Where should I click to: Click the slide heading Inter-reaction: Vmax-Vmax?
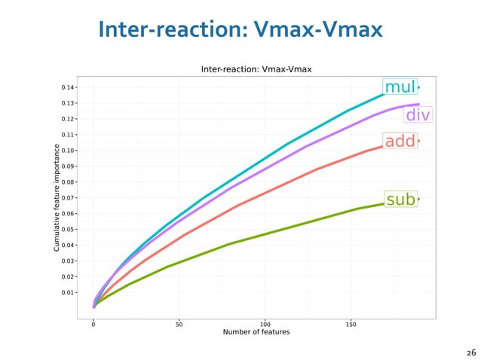click(x=240, y=30)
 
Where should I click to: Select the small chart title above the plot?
click(x=256, y=69)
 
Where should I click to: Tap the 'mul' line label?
click(x=400, y=87)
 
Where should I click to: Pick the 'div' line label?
click(x=418, y=115)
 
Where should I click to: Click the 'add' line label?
click(x=400, y=142)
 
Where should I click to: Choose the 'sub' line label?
click(x=400, y=200)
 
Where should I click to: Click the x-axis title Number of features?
click(x=256, y=331)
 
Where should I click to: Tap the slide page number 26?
click(x=471, y=352)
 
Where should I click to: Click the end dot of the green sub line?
click(x=418, y=200)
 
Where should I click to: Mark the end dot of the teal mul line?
click(x=418, y=87)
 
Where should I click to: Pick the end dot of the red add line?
click(x=418, y=141)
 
